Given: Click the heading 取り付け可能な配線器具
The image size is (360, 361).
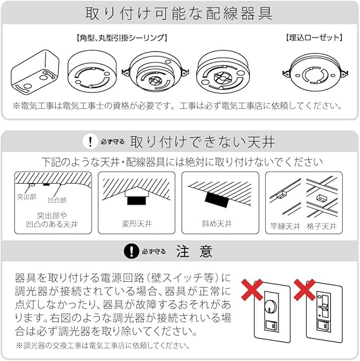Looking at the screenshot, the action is point(179,13).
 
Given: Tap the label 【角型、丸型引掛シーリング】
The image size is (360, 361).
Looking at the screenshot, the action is point(121,38).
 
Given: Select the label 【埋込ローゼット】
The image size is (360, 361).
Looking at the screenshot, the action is point(314,37).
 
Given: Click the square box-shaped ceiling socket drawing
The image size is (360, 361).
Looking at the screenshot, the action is point(35,72).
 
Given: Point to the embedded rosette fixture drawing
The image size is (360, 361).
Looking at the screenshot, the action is point(315,73).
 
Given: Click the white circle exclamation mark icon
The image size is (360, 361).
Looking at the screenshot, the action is point(90,141).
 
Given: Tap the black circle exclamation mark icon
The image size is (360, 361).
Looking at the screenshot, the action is point(132,251).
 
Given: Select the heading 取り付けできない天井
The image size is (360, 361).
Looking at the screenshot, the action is point(202,142).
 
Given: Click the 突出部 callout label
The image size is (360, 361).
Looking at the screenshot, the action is point(27,196).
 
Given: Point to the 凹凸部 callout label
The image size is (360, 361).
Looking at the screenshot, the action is point(57,200).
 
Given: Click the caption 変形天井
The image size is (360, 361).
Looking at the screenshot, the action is point(137,224).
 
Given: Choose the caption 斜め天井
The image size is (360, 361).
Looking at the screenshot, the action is point(216,224).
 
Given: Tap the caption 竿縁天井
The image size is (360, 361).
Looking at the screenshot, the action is point(285,226).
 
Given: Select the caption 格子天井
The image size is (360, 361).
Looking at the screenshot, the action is point(321,226).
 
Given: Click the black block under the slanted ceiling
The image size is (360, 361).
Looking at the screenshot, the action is point(217,199).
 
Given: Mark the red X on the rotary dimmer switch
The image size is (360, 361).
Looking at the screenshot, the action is point(252,289).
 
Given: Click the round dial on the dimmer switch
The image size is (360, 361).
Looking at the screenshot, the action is point(271,306).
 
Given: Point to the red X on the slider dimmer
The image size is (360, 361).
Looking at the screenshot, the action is point(305,289).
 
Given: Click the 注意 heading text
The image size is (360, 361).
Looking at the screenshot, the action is point(194,251).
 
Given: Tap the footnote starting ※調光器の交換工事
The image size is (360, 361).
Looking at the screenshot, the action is point(103,345).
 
